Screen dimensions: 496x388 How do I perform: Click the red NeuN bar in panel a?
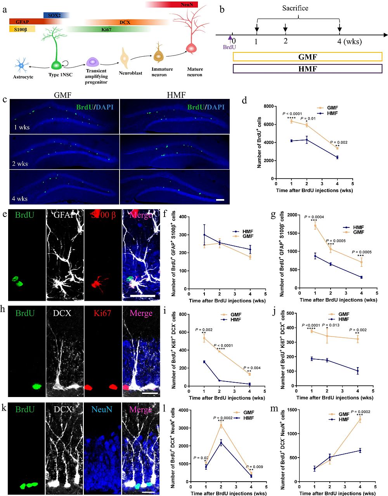coord(172,5)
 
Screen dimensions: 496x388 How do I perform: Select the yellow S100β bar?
coord(22,29)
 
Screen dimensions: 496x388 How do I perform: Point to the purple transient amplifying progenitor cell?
coord(93,62)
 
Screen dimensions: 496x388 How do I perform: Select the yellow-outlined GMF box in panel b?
coord(307,57)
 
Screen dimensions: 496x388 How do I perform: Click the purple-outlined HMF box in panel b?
coord(307,69)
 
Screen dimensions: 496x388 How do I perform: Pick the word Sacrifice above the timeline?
coord(295,8)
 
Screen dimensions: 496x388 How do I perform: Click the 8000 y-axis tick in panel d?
coord(268,106)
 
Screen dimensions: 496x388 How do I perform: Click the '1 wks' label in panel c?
coord(22,127)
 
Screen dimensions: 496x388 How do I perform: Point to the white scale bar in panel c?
coord(220,200)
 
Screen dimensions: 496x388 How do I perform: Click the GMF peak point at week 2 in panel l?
coord(221,426)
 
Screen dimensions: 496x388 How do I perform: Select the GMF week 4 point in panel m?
coord(360,420)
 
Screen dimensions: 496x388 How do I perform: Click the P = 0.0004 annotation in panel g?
coord(314,217)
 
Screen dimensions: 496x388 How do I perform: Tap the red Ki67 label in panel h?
coord(102,313)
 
